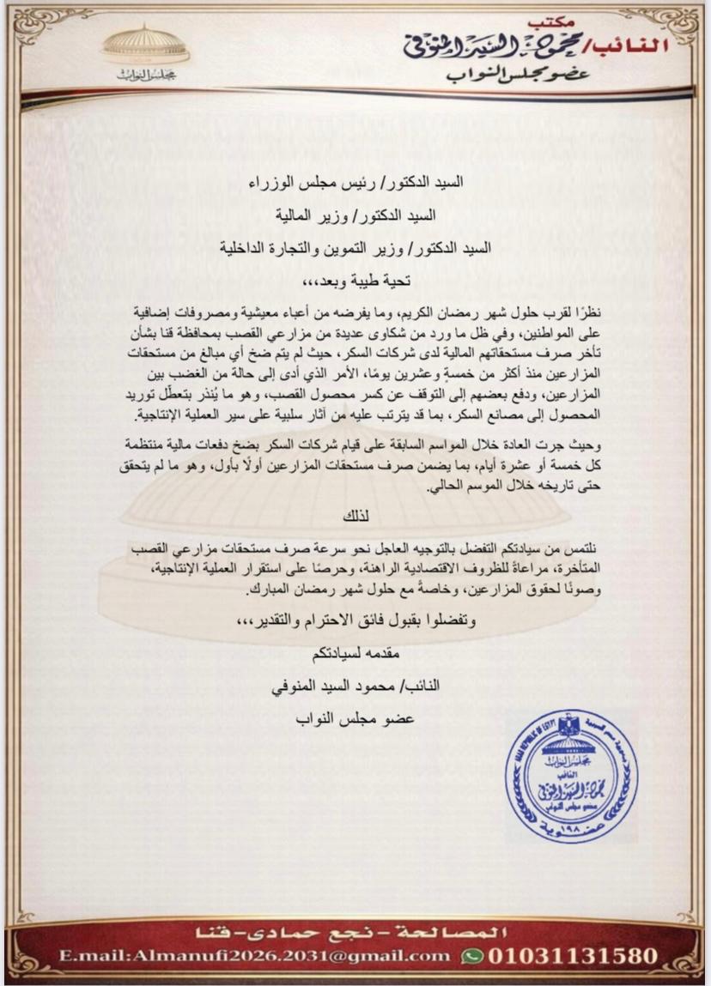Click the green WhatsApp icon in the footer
471,955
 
